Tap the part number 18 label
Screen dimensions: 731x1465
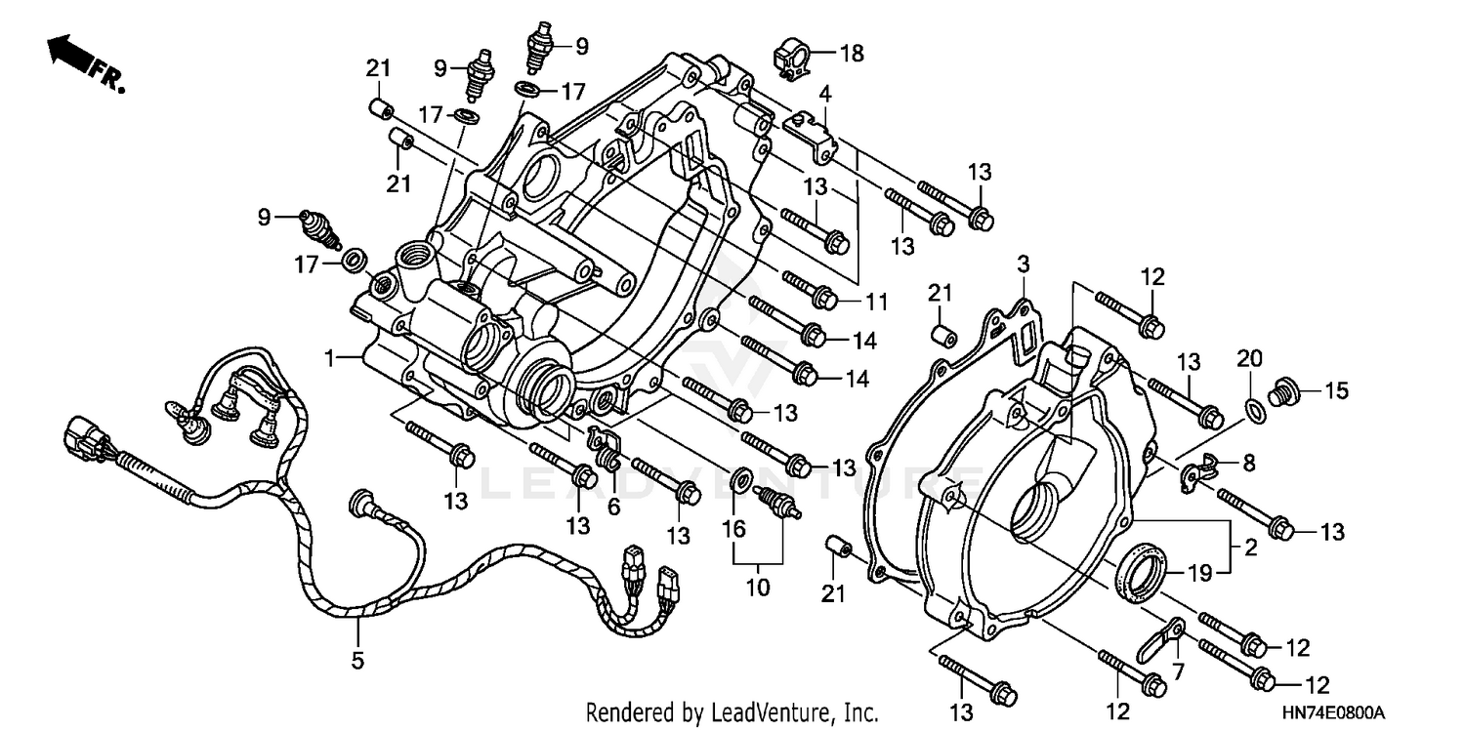[852, 53]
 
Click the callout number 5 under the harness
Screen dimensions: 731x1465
[357, 661]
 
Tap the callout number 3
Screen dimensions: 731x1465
[1023, 264]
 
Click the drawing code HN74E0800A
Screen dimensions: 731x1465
[1341, 713]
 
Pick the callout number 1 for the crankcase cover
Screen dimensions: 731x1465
[332, 359]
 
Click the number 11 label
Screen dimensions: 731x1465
[876, 303]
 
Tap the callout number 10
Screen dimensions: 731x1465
[758, 588]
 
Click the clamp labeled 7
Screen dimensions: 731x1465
[1160, 638]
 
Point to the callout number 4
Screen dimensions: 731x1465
[825, 95]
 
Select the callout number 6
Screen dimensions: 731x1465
[613, 507]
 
